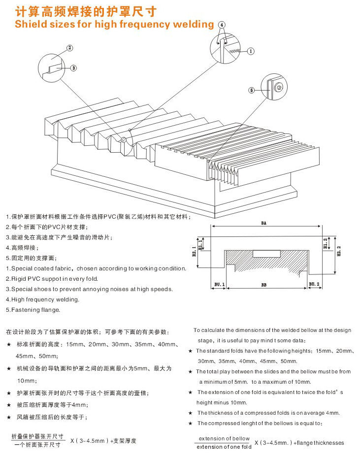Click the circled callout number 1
[250, 51]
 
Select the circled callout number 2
[69, 48]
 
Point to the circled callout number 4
[222, 24]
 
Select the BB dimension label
[264, 285]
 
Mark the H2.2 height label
[338, 252]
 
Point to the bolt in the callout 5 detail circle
[279, 87]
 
